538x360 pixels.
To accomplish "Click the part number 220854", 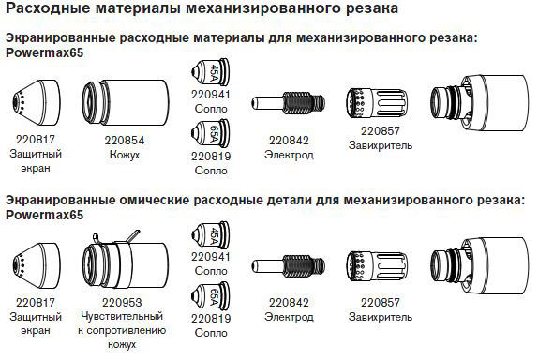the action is pos(125,141).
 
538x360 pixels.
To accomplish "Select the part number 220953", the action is pos(122,303).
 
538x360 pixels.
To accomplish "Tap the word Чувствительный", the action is pos(122,316).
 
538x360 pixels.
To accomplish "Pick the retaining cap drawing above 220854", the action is pos(126,103).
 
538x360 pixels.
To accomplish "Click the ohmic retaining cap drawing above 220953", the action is pos(126,262).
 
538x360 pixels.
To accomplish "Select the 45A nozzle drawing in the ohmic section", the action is pos(210,235).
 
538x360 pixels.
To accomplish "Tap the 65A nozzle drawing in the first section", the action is pos(210,133).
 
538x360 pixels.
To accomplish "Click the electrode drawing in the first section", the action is pos(288,102).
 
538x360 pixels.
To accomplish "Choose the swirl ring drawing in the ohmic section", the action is pos(377,266).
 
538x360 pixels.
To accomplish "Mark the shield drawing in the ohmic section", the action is pos(36,264).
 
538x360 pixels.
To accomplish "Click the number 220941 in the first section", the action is pos(210,95).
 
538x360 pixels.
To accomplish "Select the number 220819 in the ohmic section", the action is pos(211,319).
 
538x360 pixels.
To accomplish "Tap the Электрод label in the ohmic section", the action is pos(289,317).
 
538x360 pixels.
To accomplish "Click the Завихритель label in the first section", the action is pos(381,145).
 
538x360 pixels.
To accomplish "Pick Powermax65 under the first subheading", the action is pos(45,52).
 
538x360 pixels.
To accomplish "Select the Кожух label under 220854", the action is pos(125,155).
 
